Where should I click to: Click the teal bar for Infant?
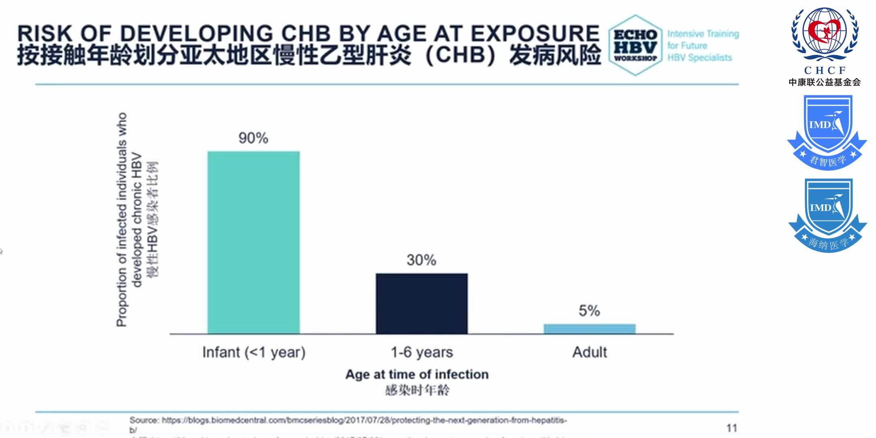click(253, 243)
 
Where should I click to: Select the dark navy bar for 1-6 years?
click(421, 303)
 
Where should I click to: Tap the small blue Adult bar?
click(589, 329)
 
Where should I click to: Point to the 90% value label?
click(253, 138)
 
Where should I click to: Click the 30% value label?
click(421, 260)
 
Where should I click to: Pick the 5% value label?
click(589, 311)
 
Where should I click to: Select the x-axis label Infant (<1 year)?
click(253, 352)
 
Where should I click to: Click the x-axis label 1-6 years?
click(421, 352)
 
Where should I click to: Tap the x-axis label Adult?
click(589, 352)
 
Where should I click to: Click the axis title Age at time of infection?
click(417, 374)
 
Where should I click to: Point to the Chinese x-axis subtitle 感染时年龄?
click(417, 390)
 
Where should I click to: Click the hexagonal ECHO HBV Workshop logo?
click(635, 45)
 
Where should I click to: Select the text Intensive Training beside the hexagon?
click(703, 34)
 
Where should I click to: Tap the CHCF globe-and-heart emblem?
click(824, 34)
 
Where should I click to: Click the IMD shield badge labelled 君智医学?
click(827, 132)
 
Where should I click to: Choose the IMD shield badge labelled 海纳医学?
click(827, 215)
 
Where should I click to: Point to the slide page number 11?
click(732, 428)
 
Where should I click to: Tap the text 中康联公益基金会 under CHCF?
click(824, 82)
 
